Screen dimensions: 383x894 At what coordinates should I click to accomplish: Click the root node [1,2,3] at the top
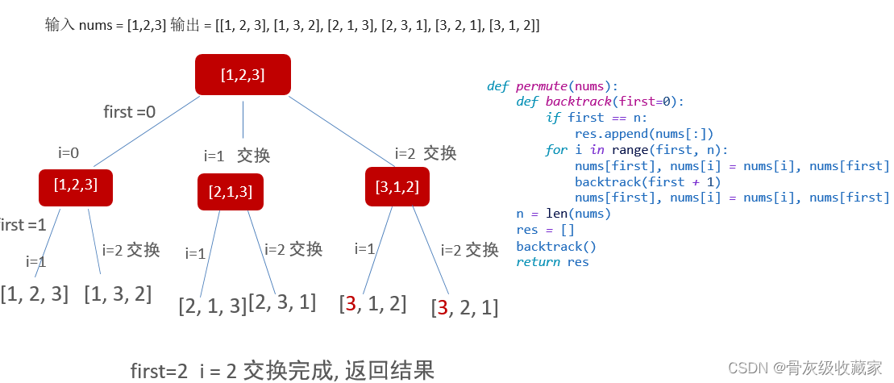pos(243,74)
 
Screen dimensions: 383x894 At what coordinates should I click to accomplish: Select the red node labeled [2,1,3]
pos(231,192)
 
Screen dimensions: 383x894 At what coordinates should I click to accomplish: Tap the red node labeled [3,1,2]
pos(397,187)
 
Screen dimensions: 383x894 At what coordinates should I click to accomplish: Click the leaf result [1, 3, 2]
pos(118,293)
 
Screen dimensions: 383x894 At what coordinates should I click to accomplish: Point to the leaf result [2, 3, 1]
pos(282,302)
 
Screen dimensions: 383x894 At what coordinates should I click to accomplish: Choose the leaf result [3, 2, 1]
pos(464,307)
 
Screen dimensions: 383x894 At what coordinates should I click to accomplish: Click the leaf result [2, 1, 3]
pos(213,306)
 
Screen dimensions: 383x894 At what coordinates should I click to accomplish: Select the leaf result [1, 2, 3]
pos(35,293)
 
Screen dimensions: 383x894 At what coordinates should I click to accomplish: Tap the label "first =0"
pos(130,112)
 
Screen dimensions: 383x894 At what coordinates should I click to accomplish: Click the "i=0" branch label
pos(69,152)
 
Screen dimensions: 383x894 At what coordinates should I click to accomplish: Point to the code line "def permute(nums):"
pos(552,85)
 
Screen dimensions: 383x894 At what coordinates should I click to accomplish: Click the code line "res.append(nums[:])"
pos(644,134)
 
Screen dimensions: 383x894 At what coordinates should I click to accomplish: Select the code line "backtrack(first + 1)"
pos(647,181)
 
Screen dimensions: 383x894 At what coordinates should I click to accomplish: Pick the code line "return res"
pos(552,262)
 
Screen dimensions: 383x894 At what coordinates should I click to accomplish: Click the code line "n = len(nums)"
pos(563,214)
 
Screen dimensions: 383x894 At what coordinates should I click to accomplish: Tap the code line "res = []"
pos(545,230)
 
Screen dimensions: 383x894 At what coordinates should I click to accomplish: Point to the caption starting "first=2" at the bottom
pos(282,370)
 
